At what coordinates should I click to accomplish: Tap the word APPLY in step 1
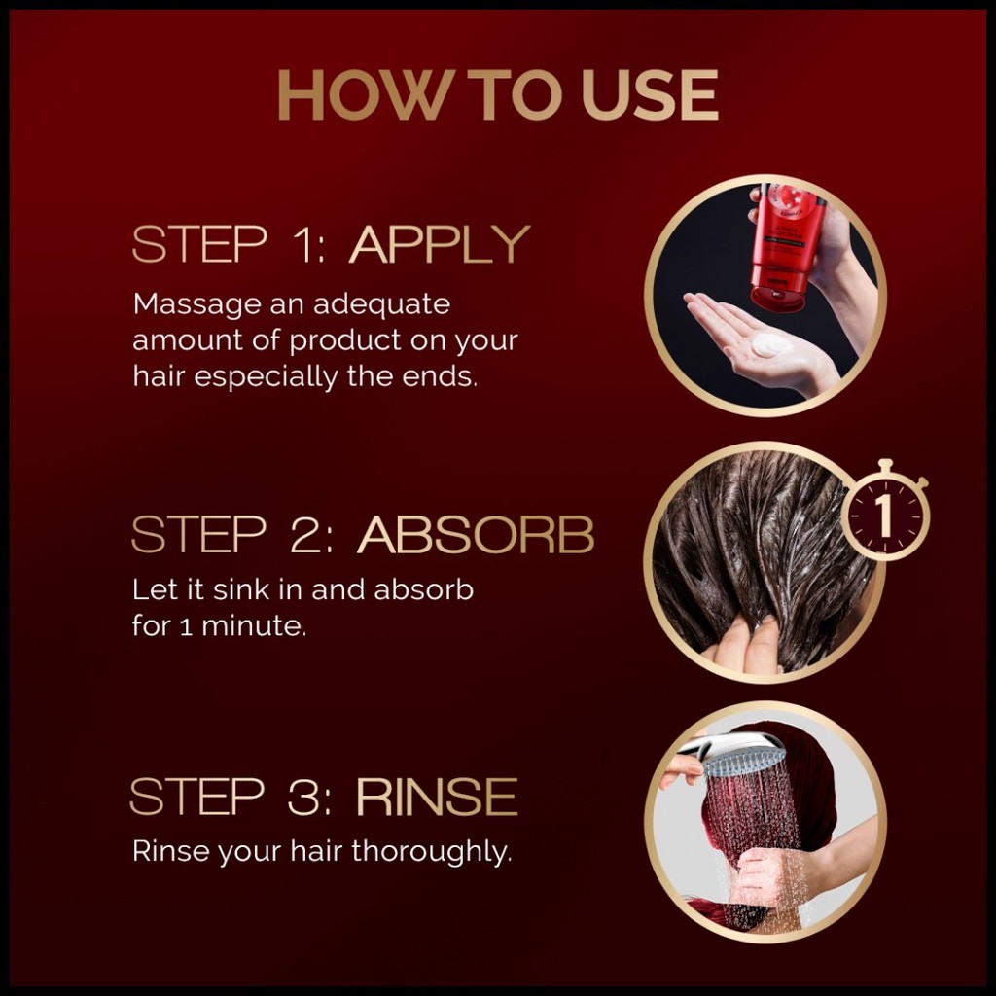click(439, 244)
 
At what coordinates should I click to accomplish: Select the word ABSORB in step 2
click(476, 534)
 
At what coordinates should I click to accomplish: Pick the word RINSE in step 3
click(437, 797)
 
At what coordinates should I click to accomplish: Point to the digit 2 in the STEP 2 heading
click(306, 534)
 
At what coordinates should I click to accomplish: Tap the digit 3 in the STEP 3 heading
click(304, 797)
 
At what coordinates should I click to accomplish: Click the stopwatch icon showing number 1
click(885, 512)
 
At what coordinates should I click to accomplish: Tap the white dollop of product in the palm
click(771, 346)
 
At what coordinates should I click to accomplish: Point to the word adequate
click(381, 305)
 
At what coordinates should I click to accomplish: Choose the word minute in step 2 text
click(254, 626)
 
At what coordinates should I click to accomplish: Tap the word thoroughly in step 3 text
click(431, 852)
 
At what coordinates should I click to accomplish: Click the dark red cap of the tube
click(779, 299)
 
